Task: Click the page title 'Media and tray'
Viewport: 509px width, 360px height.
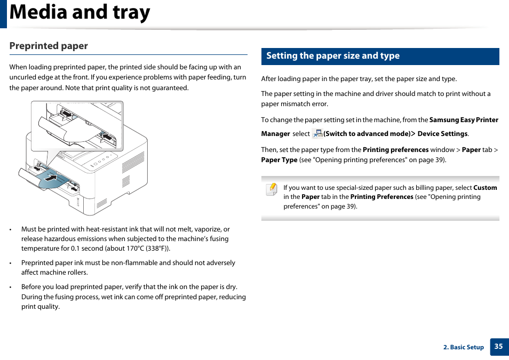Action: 80,13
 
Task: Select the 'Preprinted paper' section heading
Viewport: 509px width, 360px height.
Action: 49,46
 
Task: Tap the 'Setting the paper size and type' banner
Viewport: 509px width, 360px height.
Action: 333,56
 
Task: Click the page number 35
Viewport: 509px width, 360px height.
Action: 498,346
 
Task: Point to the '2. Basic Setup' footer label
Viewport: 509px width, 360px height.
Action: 463,347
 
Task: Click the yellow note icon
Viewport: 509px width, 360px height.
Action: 272,189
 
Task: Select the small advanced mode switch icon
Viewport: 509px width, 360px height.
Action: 317,134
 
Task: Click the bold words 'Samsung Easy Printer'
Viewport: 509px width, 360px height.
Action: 464,120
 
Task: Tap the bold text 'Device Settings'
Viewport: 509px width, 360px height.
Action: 442,134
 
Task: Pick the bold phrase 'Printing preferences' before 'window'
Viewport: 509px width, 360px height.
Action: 395,150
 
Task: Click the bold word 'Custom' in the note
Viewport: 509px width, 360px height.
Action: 485,188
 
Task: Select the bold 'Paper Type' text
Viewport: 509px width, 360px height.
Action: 279,160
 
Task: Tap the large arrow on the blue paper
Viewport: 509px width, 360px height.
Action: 50,178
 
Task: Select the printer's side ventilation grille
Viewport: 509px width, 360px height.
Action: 133,162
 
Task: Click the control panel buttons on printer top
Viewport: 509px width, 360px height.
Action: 102,160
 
